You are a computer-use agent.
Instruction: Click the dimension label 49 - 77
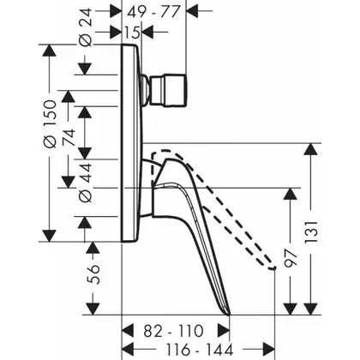point(153,12)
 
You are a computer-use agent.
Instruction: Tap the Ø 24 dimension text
point(85,27)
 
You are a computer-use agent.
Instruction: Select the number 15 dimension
point(132,33)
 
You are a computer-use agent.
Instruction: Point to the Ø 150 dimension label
point(51,124)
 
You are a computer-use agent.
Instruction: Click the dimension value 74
point(69,138)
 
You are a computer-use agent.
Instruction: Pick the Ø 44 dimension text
point(85,183)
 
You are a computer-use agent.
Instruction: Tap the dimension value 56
point(93,274)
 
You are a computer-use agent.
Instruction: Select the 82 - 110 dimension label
point(173,331)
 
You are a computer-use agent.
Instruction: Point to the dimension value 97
point(291,258)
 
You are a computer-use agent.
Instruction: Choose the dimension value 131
point(311,231)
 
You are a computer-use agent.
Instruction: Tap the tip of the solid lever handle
point(230,315)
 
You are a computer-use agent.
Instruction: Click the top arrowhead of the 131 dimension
point(311,149)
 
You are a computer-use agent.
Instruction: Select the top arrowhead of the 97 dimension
point(291,195)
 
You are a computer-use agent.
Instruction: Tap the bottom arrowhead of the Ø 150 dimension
point(49,236)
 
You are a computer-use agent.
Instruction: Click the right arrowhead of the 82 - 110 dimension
point(224,331)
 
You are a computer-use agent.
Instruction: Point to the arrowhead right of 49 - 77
point(192,11)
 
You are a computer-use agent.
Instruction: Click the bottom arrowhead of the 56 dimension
point(93,309)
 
